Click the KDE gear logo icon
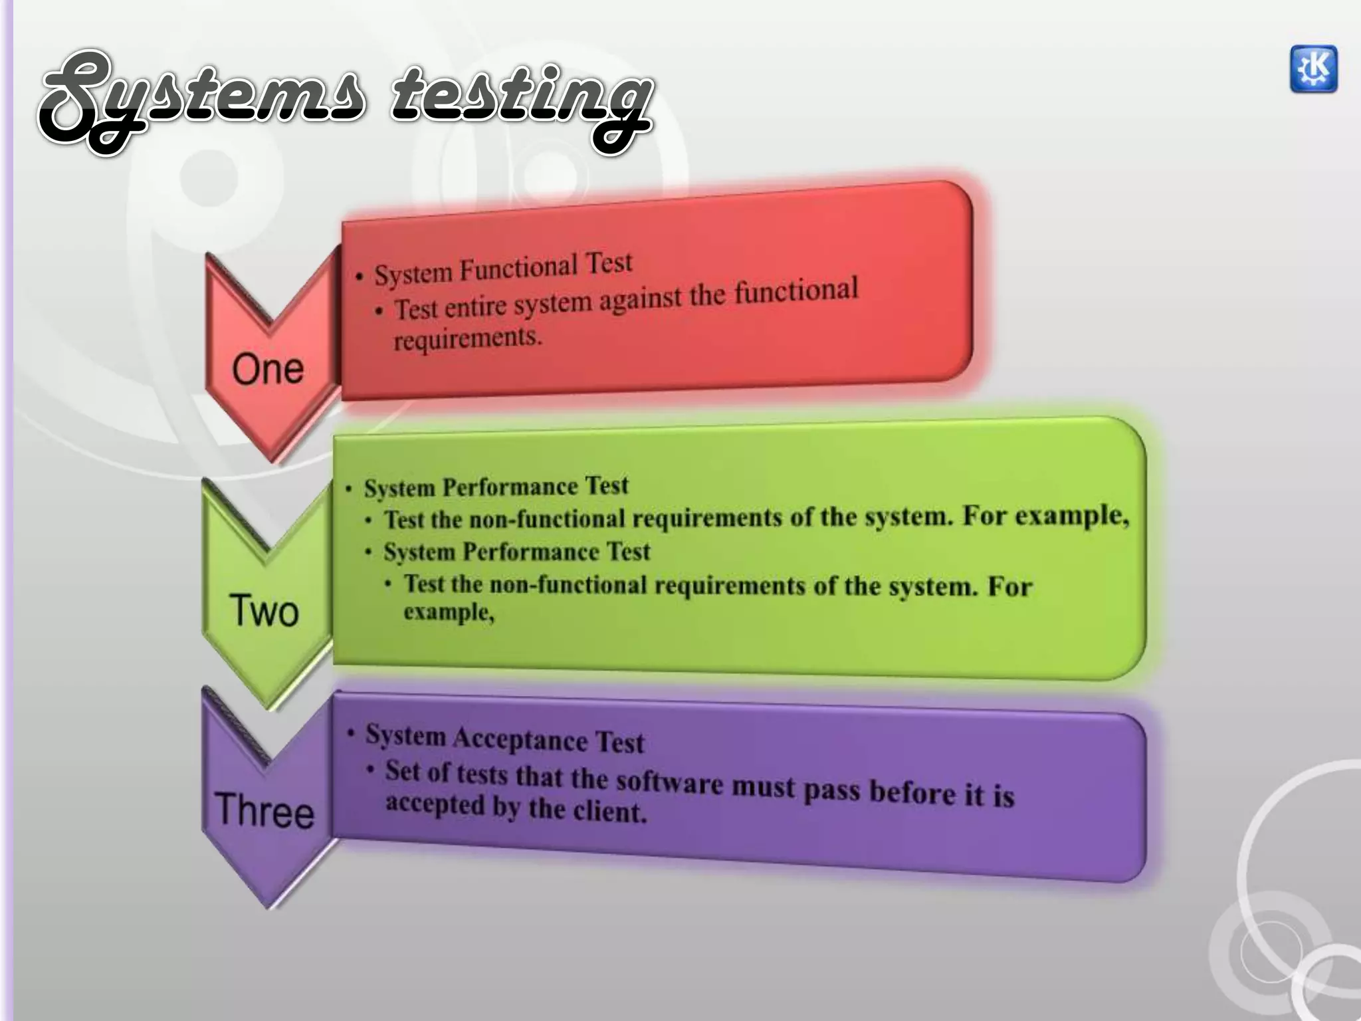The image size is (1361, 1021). tap(1313, 69)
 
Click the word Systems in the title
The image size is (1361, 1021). tap(199, 100)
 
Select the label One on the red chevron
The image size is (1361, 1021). tap(268, 369)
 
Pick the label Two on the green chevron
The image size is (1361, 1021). tap(264, 611)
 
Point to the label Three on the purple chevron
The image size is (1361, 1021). tap(264, 811)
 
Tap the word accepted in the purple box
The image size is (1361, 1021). tap(435, 804)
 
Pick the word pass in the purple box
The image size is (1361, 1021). tap(832, 790)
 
